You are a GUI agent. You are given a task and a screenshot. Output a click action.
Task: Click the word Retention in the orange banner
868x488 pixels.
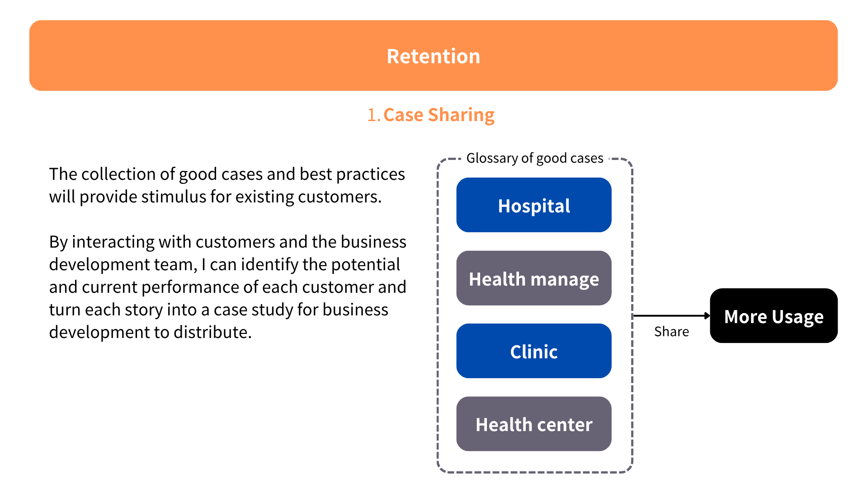pos(433,56)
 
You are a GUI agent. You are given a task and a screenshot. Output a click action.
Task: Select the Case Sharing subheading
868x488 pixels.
pos(439,115)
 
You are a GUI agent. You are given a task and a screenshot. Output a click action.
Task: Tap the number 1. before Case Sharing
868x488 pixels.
pos(373,115)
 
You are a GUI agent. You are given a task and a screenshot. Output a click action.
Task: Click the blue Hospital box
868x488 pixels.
pos(533,205)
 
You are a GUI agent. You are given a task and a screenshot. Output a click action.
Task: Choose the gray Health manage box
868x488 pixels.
pos(533,278)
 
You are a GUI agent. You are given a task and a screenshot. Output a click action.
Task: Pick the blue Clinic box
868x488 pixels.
pos(533,351)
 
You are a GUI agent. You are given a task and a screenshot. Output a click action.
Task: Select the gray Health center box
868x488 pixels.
pos(533,424)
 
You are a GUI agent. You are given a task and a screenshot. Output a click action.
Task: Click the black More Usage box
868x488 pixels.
pos(774,316)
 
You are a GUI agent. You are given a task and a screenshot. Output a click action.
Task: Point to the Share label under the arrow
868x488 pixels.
pos(671,332)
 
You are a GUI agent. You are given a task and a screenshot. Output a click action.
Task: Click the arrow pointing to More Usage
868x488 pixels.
pos(671,316)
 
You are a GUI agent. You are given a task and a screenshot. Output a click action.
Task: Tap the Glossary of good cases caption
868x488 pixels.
pos(534,158)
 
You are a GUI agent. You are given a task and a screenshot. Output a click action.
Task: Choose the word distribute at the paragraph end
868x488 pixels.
pos(212,333)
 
